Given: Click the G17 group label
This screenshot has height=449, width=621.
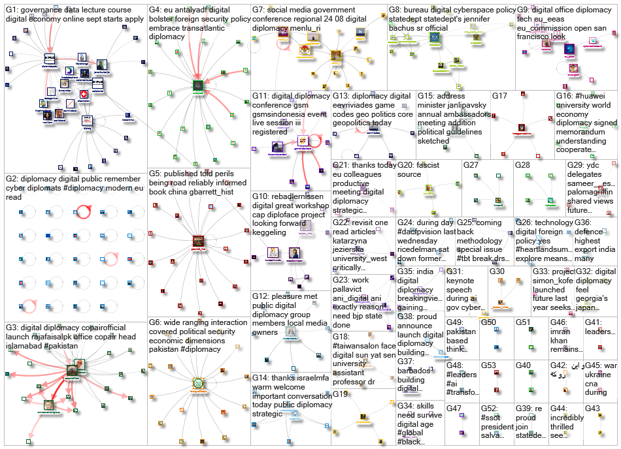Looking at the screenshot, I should pyautogui.click(x=500, y=96).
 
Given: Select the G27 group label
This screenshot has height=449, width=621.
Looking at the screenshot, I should pyautogui.click(x=472, y=165).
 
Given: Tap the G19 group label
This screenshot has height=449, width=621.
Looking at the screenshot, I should pyautogui.click(x=341, y=394).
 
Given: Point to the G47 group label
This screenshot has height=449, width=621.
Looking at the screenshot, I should pyautogui.click(x=455, y=408).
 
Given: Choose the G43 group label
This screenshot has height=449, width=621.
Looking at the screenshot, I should pyautogui.click(x=593, y=408).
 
